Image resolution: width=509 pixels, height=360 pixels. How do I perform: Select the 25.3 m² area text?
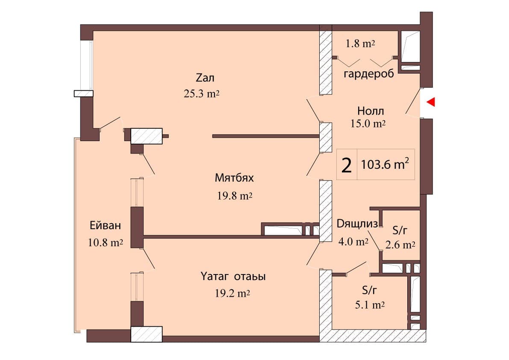[x=201, y=94]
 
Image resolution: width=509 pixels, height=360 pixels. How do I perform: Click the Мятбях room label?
[x=234, y=177]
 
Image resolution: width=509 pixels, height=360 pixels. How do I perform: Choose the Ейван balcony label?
[x=105, y=225]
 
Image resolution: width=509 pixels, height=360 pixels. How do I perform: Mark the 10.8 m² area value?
[x=105, y=243]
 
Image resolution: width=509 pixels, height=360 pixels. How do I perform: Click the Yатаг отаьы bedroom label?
[x=232, y=277]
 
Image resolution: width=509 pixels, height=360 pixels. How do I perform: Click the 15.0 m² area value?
[x=368, y=124]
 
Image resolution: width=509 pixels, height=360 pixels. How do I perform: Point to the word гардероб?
[x=368, y=74]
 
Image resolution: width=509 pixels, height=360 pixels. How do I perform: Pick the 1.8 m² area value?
[x=360, y=44]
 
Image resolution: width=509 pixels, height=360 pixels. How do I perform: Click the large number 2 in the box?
[x=347, y=165]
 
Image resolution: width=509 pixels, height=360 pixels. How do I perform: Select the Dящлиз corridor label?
[x=357, y=224]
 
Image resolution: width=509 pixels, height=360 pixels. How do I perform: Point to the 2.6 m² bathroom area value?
[x=400, y=245]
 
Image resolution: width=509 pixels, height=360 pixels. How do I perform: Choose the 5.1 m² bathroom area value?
[x=370, y=305]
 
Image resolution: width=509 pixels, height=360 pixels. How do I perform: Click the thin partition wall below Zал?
[x=265, y=136]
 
